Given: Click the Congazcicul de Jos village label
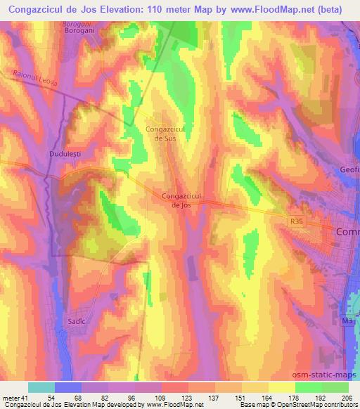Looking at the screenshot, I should (x=182, y=201).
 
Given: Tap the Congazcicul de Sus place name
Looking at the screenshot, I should (x=165, y=134).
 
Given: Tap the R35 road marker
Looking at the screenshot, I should (x=298, y=221).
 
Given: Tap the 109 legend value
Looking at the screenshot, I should (x=161, y=398).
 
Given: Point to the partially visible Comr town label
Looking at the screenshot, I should (x=347, y=231).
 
